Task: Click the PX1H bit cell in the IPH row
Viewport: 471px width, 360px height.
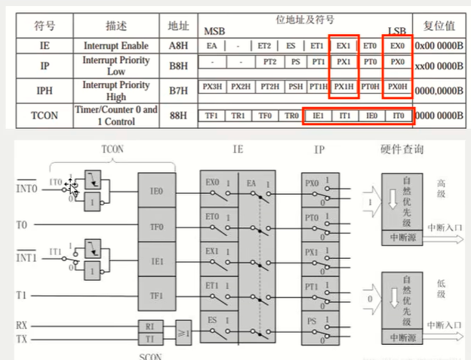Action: click(344, 88)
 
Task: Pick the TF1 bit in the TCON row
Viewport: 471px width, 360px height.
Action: click(211, 117)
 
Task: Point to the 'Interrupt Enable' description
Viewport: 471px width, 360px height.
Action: click(115, 46)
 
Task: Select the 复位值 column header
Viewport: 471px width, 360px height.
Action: click(440, 24)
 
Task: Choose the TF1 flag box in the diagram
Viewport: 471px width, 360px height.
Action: click(157, 294)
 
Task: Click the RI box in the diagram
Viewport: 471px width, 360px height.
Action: click(149, 326)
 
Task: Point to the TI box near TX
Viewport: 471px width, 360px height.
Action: click(149, 340)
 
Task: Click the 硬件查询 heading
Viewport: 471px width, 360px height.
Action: click(402, 149)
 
